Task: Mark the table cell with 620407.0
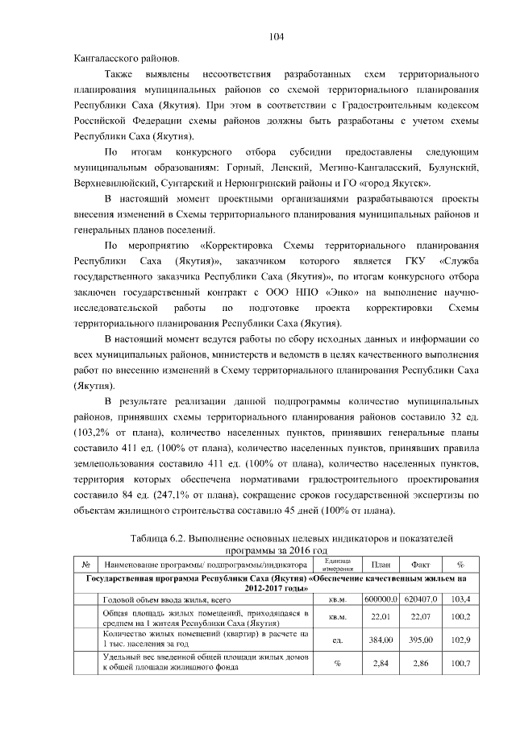(420, 599)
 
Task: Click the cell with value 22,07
(420, 617)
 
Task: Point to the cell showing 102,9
(460, 640)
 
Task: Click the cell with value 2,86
(420, 662)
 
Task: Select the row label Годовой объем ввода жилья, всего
(152, 599)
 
